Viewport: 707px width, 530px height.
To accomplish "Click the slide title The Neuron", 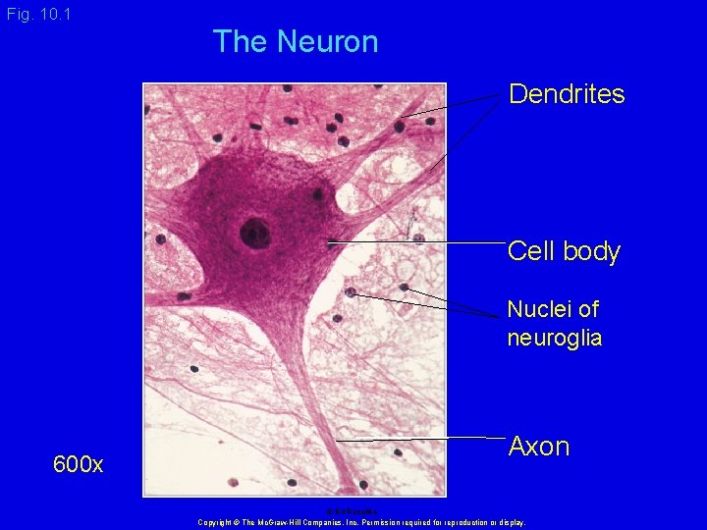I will tap(295, 41).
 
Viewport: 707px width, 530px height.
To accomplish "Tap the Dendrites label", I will tap(567, 94).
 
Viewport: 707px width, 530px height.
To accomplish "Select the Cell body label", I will tap(564, 251).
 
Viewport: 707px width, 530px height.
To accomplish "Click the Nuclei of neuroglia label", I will tap(554, 324).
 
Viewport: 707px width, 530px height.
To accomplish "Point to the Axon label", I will tap(538, 447).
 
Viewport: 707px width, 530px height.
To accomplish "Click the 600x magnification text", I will tap(79, 464).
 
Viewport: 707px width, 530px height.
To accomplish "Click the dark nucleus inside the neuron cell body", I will tap(254, 233).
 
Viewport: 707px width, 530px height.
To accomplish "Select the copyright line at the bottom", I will tap(361, 522).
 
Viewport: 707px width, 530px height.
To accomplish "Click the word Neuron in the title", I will tap(327, 41).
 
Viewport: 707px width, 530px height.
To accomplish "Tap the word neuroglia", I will tap(554, 339).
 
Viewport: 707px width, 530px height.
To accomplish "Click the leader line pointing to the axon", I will tap(422, 438).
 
